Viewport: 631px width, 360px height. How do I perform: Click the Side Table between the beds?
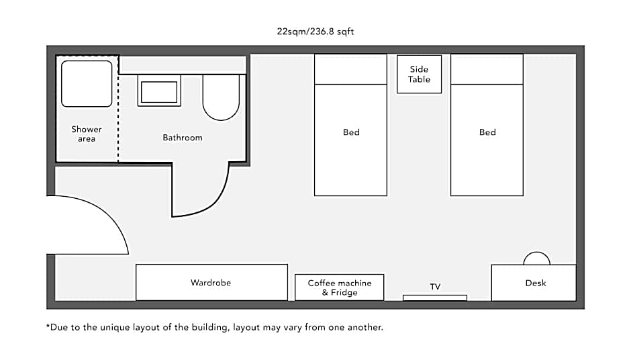pyautogui.click(x=419, y=74)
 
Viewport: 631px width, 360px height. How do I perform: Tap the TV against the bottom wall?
pyautogui.click(x=435, y=298)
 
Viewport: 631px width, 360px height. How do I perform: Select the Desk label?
pyautogui.click(x=536, y=283)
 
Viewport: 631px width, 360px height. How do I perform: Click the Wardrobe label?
pyautogui.click(x=211, y=283)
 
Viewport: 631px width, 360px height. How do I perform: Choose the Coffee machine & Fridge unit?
pyautogui.click(x=339, y=287)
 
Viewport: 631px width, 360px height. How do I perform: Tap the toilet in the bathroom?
pyautogui.click(x=221, y=97)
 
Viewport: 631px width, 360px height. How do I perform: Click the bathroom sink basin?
pyautogui.click(x=159, y=92)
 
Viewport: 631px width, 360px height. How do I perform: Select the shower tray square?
pyautogui.click(x=87, y=84)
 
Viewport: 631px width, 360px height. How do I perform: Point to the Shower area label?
pyautogui.click(x=87, y=134)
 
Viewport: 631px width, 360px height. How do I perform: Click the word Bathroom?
pyautogui.click(x=183, y=138)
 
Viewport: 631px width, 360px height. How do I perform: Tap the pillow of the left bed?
pyautogui.click(x=350, y=69)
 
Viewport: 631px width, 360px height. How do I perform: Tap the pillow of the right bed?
pyautogui.click(x=487, y=69)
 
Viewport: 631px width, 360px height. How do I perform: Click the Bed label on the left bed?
pyautogui.click(x=351, y=132)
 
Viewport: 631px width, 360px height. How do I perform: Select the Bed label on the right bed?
pyautogui.click(x=487, y=132)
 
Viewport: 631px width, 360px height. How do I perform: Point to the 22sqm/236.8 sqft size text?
pyautogui.click(x=315, y=32)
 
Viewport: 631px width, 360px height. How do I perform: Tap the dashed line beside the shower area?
pyautogui.click(x=118, y=109)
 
